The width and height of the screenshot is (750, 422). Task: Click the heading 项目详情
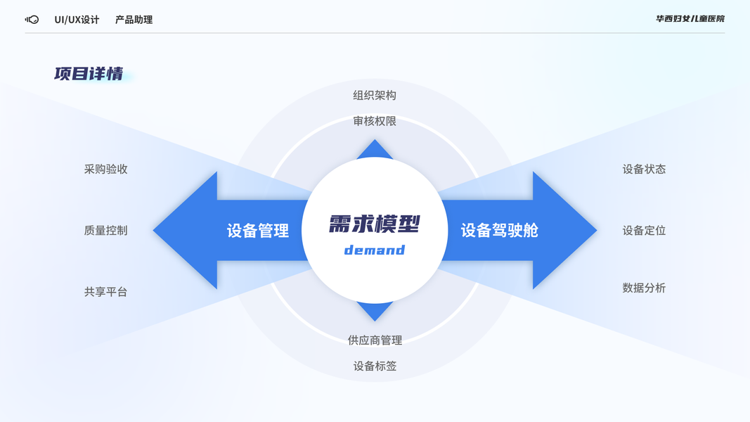point(89,74)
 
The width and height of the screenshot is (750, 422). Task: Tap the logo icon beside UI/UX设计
point(32,20)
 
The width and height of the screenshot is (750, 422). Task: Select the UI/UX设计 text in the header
point(77,20)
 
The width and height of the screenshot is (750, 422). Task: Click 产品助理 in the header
point(134,20)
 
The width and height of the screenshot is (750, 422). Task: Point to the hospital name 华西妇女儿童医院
point(690,19)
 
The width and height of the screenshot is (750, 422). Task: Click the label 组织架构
point(375,95)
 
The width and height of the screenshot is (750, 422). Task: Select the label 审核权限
point(375,121)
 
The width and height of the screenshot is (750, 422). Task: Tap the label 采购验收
point(105,169)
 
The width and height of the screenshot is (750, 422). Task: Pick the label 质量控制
point(105,230)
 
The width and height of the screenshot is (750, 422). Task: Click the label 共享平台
point(105,291)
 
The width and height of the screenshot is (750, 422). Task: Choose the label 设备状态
point(644,169)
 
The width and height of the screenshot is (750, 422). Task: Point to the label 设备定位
point(644,230)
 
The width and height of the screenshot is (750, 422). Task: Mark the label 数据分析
point(644,288)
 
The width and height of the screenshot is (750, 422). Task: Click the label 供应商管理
point(375,340)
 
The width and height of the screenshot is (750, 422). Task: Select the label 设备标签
point(375,366)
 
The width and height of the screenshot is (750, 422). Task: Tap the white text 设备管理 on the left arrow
point(258,231)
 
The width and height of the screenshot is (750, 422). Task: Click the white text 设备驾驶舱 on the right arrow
point(499,231)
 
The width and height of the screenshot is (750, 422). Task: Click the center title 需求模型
point(375,224)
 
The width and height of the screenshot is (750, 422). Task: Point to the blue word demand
point(375,250)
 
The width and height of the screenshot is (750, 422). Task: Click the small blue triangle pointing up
point(375,149)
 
